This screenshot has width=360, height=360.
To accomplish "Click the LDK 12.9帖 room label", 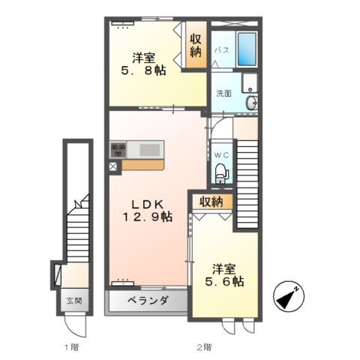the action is [147, 211].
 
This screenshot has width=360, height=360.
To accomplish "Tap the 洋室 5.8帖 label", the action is [143, 64].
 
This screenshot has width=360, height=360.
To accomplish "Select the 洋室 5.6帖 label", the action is [224, 275].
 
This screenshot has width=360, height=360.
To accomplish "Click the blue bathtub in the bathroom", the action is [247, 49].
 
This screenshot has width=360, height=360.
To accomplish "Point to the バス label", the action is [222, 50].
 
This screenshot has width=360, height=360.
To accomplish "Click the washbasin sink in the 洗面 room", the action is [251, 103].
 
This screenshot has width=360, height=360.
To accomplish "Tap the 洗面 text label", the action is [223, 94].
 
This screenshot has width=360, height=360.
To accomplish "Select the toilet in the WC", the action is [222, 173].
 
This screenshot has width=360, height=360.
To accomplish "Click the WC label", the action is [221, 155].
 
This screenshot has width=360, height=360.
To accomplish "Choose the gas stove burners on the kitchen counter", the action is [118, 149].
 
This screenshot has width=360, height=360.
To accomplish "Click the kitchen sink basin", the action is [149, 150].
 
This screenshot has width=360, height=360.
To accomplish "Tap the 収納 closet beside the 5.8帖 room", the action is [196, 46].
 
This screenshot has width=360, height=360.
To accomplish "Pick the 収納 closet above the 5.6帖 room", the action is [211, 202].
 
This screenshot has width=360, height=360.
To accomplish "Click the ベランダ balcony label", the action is [148, 300].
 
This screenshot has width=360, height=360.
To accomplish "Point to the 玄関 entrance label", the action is [74, 301].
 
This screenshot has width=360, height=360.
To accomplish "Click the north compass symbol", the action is [289, 296].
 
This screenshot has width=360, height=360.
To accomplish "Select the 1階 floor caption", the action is [71, 347].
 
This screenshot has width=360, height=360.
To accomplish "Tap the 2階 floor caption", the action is [204, 347].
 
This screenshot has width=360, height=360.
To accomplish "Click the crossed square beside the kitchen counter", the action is [113, 166].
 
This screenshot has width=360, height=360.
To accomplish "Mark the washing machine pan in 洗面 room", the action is [249, 82].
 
